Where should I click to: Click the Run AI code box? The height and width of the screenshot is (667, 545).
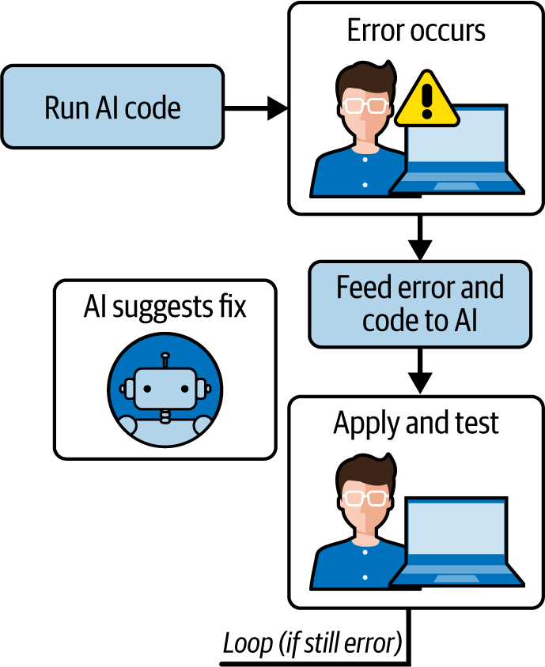(x=112, y=107)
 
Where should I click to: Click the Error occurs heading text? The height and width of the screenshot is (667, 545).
(x=416, y=31)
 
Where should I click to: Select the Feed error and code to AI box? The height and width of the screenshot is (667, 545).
(x=419, y=304)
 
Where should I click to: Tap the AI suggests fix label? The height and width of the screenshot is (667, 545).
(x=165, y=306)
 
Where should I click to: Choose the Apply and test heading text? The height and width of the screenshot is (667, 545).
(x=416, y=423)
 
